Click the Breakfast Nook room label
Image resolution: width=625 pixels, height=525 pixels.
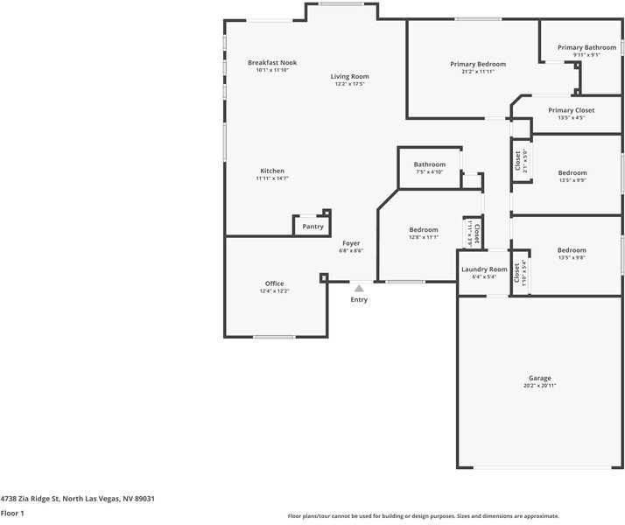272,62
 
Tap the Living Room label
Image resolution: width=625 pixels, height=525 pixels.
349,77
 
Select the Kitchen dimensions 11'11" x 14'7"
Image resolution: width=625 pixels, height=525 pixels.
272,178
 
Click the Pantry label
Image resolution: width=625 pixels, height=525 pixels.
312,227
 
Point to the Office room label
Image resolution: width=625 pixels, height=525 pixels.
274,283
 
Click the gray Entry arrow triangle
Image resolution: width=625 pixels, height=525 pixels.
359,288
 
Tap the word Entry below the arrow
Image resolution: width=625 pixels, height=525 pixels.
359,300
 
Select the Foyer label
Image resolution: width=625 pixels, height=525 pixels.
350,243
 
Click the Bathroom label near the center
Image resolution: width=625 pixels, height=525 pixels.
430,164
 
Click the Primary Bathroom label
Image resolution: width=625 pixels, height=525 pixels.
586,47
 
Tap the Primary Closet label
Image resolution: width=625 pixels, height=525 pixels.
571,110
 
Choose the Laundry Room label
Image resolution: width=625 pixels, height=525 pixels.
484,269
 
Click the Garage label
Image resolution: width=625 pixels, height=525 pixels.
539,378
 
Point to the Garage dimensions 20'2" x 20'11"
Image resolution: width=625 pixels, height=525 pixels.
539,386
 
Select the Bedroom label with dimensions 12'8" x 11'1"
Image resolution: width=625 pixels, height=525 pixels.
424,230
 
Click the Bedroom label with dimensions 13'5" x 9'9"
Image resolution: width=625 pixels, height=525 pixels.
572,173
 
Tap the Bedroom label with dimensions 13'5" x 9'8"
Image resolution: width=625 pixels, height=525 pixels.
572,250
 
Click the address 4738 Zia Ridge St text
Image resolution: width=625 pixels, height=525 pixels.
77,498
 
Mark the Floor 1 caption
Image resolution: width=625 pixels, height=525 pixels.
12,514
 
